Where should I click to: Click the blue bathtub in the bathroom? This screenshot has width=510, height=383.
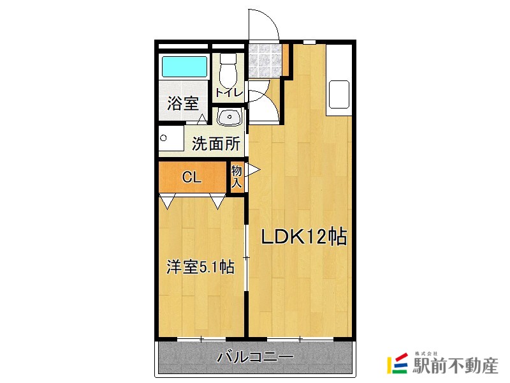pos(184,67)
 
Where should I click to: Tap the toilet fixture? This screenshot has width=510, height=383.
pos(228,71)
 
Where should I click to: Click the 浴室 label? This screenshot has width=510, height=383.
pos(183,104)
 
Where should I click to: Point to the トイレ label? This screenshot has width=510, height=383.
pos(229,93)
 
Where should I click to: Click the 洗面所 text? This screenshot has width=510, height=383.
pos(216,144)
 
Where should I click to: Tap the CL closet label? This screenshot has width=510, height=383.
pos(192,178)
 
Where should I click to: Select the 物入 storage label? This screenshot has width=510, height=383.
pos(237,177)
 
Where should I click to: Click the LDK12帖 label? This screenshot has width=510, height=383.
pos(303,237)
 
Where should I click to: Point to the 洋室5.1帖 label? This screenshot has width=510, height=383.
pos(200,267)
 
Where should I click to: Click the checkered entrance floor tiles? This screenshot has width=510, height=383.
pos(263,59)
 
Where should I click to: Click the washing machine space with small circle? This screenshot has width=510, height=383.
pos(170,139)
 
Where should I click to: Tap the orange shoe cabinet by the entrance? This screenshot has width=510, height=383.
pos(286,59)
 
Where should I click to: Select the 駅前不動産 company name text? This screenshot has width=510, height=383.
pos(455,366)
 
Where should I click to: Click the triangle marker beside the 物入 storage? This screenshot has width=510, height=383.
pos(252,170)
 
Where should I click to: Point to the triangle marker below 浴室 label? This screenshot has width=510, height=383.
pos(202,119)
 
